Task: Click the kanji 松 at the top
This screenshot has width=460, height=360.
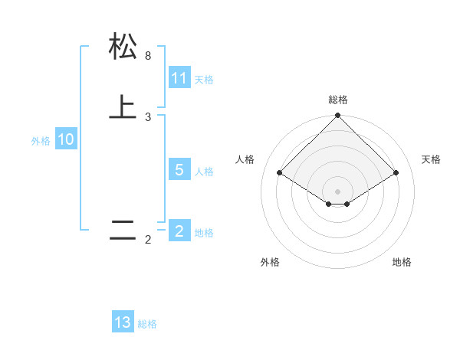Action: pos(123,46)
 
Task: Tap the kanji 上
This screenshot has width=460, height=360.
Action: pos(123,107)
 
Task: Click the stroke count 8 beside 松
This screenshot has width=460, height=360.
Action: pos(148,56)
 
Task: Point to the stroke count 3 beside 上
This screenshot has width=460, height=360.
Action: pos(148,117)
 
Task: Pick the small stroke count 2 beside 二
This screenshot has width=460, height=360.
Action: pos(148,240)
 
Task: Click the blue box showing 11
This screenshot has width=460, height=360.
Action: pos(179,78)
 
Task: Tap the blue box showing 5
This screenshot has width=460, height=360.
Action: pos(179,170)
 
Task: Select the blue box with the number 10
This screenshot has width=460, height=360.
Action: pos(66,139)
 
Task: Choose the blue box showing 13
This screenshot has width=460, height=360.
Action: pos(123,322)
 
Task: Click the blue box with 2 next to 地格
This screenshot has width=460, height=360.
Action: pos(179,231)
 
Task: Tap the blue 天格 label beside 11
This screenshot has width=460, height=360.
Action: pos(204,80)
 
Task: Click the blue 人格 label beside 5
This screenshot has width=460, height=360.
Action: pos(204,172)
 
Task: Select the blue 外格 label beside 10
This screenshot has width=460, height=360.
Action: pos(41,141)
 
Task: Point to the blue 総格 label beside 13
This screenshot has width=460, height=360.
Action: pos(147,324)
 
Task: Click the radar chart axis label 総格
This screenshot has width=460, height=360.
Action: pos(338,100)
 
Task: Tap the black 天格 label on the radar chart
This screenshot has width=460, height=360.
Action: pos(431,159)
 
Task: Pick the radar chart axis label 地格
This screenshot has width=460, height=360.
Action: pos(402,262)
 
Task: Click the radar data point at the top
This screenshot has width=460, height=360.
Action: pos(338,116)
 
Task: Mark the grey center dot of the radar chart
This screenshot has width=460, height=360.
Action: pos(338,191)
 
